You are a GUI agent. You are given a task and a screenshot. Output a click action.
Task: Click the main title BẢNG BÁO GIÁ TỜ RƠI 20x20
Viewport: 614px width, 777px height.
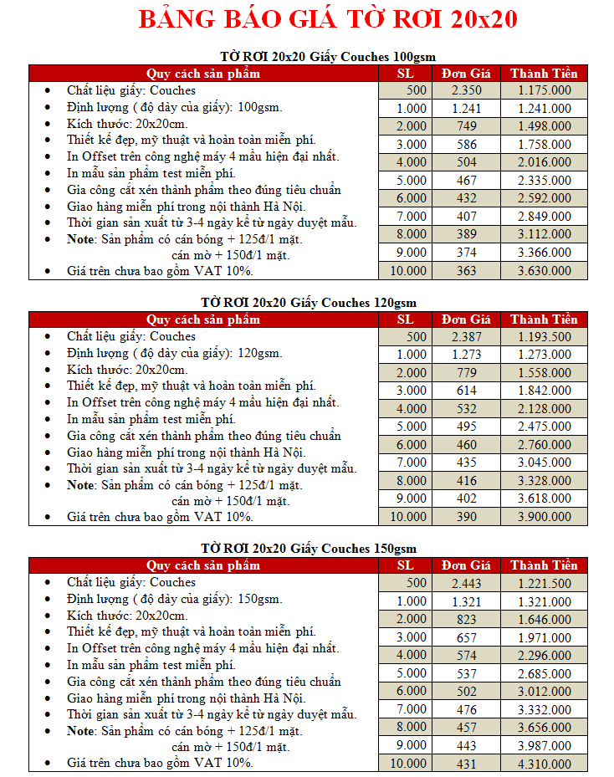click(x=327, y=20)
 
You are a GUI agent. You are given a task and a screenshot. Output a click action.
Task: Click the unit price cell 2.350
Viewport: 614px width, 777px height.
click(x=466, y=90)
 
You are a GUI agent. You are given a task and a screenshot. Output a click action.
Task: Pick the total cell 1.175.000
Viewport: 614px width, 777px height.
click(x=545, y=90)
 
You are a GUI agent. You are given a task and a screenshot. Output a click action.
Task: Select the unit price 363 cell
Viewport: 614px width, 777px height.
click(x=466, y=271)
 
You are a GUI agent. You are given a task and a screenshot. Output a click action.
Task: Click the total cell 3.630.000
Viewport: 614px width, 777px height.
click(x=545, y=271)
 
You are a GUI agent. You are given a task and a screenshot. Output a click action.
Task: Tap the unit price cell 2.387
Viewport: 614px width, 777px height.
click(x=466, y=336)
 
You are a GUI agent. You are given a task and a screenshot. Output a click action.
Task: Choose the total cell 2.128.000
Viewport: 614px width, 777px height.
click(x=545, y=408)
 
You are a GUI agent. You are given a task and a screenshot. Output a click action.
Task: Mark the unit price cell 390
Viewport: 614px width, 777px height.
click(x=466, y=517)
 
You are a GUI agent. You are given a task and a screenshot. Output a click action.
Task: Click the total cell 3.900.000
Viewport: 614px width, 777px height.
click(x=545, y=517)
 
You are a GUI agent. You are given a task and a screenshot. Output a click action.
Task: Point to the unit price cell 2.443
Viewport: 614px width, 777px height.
click(x=466, y=583)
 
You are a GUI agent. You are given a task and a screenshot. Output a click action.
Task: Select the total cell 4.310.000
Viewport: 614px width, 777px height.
click(x=545, y=764)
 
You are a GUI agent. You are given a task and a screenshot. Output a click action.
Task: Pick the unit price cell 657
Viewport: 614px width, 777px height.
click(x=466, y=637)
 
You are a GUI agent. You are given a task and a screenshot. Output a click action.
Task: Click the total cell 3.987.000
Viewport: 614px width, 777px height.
click(x=545, y=745)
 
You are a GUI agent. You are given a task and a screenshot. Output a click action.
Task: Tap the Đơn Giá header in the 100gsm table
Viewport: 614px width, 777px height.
click(x=466, y=73)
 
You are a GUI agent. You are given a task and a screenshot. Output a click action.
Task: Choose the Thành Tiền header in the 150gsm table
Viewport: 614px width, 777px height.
click(x=545, y=565)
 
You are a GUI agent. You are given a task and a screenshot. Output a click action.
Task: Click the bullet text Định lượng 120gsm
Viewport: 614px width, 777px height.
click(x=175, y=353)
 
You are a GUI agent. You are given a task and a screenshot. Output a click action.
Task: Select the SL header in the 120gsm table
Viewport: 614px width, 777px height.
click(x=405, y=319)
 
